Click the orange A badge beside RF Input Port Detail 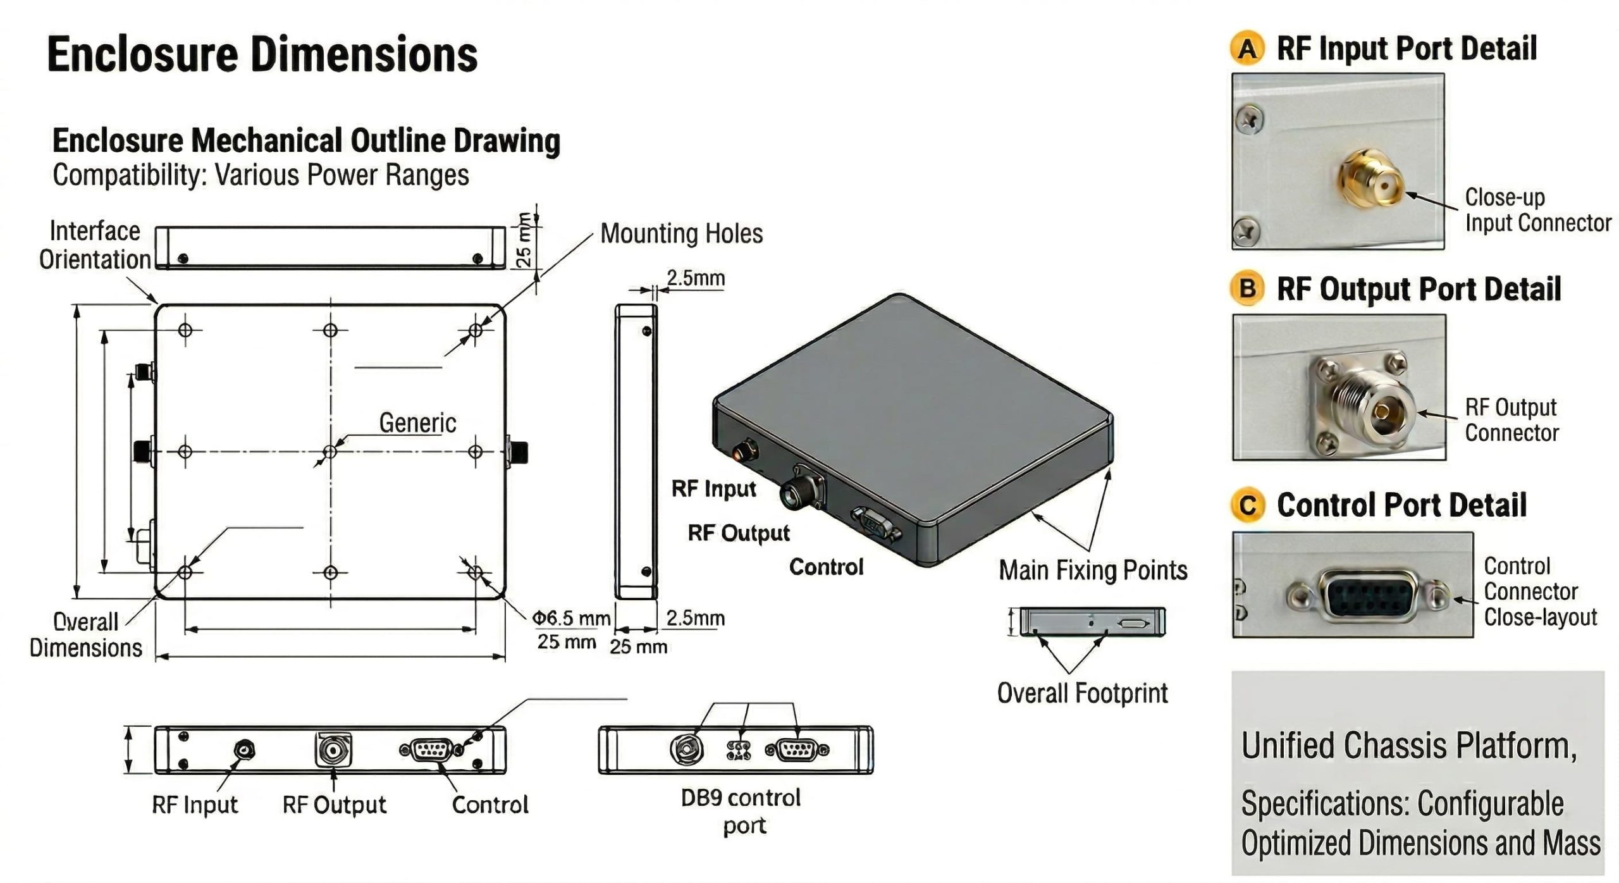1247,49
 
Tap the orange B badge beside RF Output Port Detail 1247,289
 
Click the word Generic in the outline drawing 417,423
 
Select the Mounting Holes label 681,233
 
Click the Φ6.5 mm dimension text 571,618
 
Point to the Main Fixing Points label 1093,571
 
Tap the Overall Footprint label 1082,693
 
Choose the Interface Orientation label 95,245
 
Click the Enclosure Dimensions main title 262,54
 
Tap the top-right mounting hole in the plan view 476,330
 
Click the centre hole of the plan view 330,452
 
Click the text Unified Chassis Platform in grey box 1408,746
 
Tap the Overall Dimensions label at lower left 86,635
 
